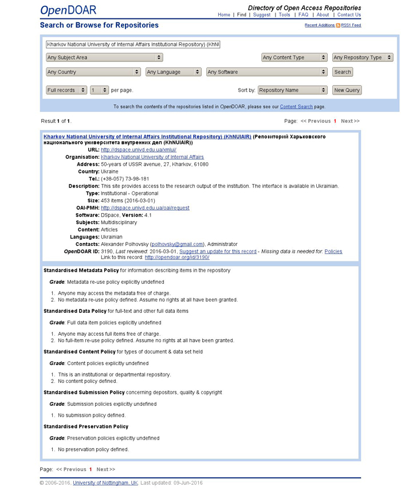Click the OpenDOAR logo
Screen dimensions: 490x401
(x=68, y=10)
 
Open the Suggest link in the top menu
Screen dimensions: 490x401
(x=262, y=15)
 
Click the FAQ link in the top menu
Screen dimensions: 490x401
(x=303, y=15)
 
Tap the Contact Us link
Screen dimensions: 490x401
(x=349, y=15)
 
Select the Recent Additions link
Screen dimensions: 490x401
(x=320, y=25)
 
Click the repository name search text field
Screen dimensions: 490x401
(x=133, y=44)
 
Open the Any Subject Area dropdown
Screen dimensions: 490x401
(x=104, y=57)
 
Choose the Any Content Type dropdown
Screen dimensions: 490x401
(x=294, y=57)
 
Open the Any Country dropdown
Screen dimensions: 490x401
(x=93, y=72)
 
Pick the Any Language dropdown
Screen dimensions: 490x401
(x=173, y=72)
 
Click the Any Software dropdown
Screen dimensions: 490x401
(x=266, y=72)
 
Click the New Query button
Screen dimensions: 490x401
(x=347, y=90)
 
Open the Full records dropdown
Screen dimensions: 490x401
(x=66, y=90)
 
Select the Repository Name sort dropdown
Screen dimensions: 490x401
(x=292, y=90)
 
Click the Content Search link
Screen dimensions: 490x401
(x=296, y=107)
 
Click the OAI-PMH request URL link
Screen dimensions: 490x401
(x=145, y=208)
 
